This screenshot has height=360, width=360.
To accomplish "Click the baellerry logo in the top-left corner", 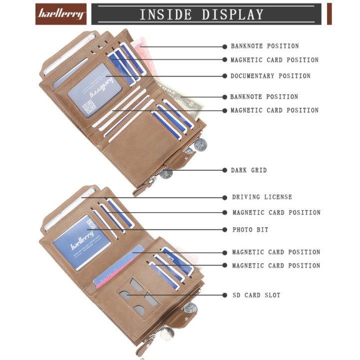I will click(61, 14).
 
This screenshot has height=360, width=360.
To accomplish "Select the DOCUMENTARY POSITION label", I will click(270, 76).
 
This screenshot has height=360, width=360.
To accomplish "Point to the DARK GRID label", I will click(249, 170).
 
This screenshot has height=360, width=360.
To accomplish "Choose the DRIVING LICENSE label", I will click(262, 197).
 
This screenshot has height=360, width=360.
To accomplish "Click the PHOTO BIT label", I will click(250, 230).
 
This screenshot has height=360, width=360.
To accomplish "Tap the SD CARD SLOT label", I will click(256, 295).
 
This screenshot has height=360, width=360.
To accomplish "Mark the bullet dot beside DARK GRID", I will click(224, 170).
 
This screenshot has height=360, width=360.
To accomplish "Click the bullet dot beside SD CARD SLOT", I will click(224, 295).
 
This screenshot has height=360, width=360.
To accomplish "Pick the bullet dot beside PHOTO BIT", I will click(224, 230).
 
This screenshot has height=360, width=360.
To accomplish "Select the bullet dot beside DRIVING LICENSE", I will click(224, 197).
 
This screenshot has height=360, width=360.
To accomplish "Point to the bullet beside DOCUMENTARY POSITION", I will click(224, 76).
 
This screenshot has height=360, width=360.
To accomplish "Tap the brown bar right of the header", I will click(330, 14).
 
